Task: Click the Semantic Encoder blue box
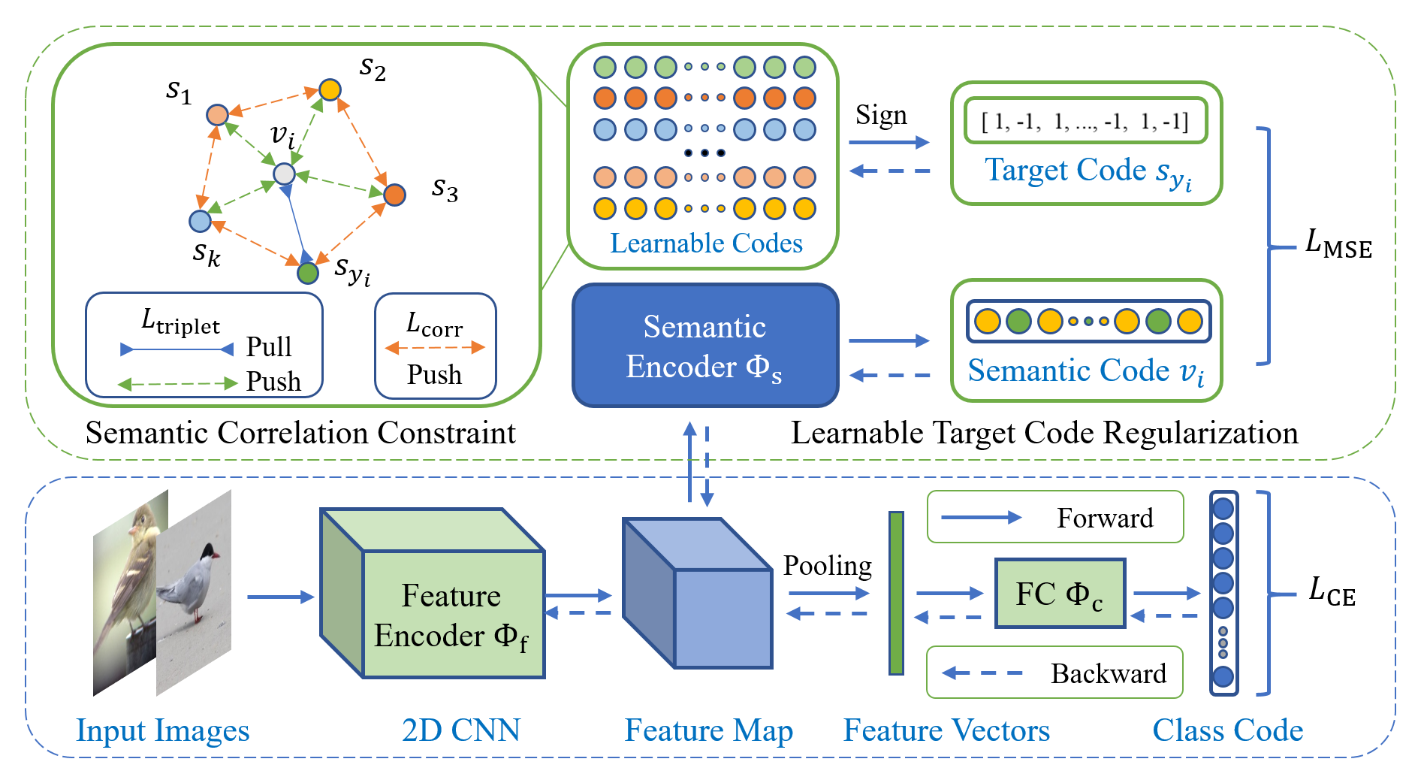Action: click(x=704, y=346)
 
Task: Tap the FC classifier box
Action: click(x=1060, y=594)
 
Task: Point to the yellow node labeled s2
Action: click(x=330, y=90)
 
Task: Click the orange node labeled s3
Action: click(x=394, y=195)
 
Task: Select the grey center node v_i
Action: click(x=284, y=174)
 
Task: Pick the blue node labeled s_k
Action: click(x=200, y=221)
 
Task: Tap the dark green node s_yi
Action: click(x=308, y=273)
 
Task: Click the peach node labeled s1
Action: click(x=217, y=115)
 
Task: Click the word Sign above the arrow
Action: click(x=881, y=115)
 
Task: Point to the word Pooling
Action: click(x=827, y=566)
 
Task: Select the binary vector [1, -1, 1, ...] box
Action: click(x=1085, y=121)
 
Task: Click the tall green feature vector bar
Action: click(x=896, y=593)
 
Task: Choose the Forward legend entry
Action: click(x=1055, y=517)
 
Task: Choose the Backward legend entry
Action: click(x=1054, y=673)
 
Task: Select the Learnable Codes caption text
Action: click(x=706, y=243)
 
